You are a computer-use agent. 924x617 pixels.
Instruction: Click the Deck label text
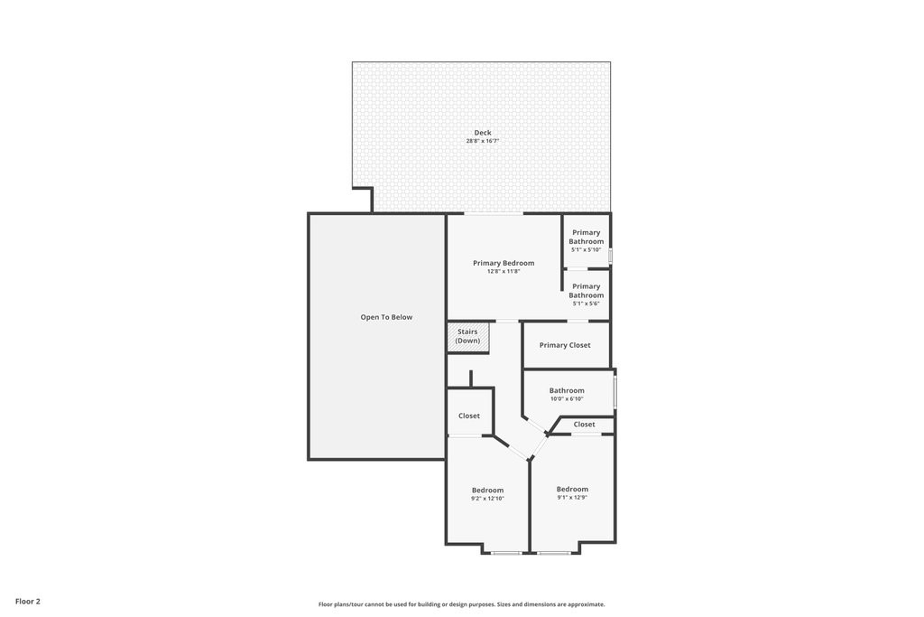click(483, 133)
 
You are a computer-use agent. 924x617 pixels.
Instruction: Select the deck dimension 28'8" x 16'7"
click(483, 141)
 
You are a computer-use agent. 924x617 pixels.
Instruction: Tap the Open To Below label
click(386, 317)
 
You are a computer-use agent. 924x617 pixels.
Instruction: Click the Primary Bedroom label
click(504, 263)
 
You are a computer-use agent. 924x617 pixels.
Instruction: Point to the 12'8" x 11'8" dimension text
click(504, 271)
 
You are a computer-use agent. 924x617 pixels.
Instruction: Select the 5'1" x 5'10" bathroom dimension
click(586, 250)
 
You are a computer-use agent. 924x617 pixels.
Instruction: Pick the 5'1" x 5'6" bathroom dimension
click(586, 304)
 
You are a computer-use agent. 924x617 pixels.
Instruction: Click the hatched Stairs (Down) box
click(467, 337)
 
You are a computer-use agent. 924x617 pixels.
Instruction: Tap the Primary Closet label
click(565, 345)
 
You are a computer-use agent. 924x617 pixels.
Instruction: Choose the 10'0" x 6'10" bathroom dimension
click(567, 398)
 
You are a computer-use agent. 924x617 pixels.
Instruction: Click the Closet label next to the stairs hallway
click(469, 416)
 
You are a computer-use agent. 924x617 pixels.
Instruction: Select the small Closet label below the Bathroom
click(584, 424)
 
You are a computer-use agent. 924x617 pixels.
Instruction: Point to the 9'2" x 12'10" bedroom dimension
click(487, 499)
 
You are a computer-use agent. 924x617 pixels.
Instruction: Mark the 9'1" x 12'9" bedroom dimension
click(572, 497)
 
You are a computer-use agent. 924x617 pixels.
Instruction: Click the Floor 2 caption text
click(27, 601)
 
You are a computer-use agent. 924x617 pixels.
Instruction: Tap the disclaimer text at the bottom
click(461, 604)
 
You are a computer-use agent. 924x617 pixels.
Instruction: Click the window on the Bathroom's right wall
click(615, 391)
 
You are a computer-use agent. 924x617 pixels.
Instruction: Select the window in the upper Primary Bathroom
click(610, 256)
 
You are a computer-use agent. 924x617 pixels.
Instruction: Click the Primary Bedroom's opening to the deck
click(494, 214)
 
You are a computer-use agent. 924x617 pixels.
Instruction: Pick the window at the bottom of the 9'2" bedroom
click(506, 552)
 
